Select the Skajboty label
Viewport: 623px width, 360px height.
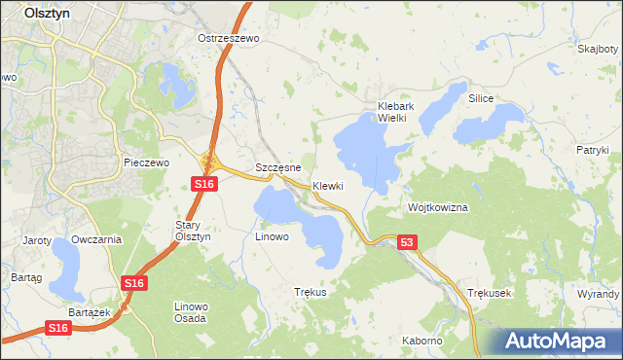(596, 49)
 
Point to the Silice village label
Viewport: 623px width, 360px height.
(481, 99)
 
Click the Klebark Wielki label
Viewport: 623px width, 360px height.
(397, 112)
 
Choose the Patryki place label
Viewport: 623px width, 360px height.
(591, 150)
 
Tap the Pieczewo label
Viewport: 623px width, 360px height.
(147, 162)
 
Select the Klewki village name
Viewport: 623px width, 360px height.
(328, 186)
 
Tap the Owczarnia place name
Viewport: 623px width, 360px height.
(96, 239)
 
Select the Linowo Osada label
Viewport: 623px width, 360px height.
(190, 312)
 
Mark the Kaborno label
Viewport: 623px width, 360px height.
(421, 341)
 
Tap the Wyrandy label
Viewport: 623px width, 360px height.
(598, 293)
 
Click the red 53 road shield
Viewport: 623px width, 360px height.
(407, 242)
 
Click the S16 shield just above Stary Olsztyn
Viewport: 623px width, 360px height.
(202, 184)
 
